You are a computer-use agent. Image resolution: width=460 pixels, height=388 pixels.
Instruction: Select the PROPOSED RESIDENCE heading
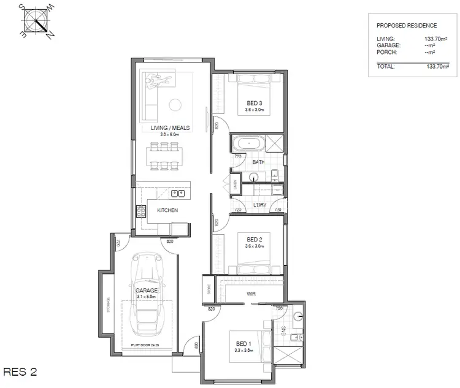coord(407,26)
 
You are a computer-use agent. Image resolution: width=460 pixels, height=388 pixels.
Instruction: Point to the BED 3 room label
coord(254,103)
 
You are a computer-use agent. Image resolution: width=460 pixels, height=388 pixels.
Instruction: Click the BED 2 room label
coord(254,239)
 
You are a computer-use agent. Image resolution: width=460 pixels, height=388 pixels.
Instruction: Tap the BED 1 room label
coord(243,343)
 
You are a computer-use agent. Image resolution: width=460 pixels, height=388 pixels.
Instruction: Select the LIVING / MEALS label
coord(171,128)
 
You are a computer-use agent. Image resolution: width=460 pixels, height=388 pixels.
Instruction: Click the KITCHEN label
coord(167,210)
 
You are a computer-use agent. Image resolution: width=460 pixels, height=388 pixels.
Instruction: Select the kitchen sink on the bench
coord(178,194)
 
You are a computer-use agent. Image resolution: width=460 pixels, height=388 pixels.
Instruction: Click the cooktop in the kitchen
coord(140,211)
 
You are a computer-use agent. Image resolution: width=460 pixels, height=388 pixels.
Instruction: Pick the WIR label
coord(251,294)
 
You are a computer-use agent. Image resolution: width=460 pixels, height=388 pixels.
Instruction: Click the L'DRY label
coord(259,204)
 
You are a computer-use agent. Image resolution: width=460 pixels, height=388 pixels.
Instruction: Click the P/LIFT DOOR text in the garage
coord(144,346)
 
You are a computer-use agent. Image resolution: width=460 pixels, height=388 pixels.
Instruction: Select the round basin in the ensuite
coord(298,316)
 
